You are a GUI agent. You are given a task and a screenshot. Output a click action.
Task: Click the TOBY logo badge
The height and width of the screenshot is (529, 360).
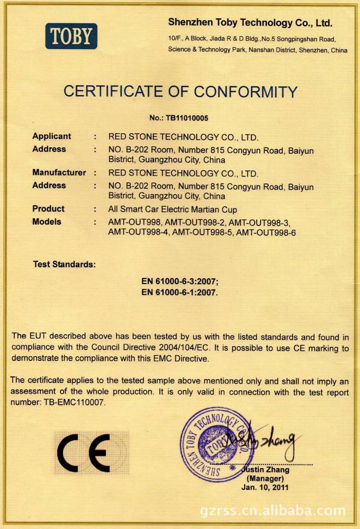click(71, 36)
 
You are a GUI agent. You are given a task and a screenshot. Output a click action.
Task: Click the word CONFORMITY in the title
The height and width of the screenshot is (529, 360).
click(239, 92)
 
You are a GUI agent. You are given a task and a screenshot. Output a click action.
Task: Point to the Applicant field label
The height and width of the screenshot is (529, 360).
click(52, 136)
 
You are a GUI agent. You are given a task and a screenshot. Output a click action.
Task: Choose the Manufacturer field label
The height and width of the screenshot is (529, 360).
click(59, 172)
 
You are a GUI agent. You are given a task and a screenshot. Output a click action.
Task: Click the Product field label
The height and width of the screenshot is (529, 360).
click(49, 209)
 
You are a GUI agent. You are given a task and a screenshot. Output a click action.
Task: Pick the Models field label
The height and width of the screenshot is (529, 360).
click(46, 221)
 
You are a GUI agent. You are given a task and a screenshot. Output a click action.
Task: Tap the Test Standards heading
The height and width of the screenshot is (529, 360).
click(65, 264)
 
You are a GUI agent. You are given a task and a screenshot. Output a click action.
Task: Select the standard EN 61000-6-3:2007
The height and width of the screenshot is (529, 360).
click(180, 281)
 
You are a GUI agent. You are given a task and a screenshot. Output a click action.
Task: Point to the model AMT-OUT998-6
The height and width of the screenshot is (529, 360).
click(266, 233)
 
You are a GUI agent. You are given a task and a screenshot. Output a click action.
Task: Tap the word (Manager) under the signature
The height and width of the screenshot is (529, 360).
click(266, 478)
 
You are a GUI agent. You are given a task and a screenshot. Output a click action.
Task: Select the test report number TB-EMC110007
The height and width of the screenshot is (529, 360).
click(71, 403)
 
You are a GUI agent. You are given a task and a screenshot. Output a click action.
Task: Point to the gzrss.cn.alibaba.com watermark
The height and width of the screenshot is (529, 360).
click(272, 510)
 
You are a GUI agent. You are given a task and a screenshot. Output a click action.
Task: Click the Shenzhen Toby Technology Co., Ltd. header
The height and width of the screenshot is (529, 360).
click(250, 23)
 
